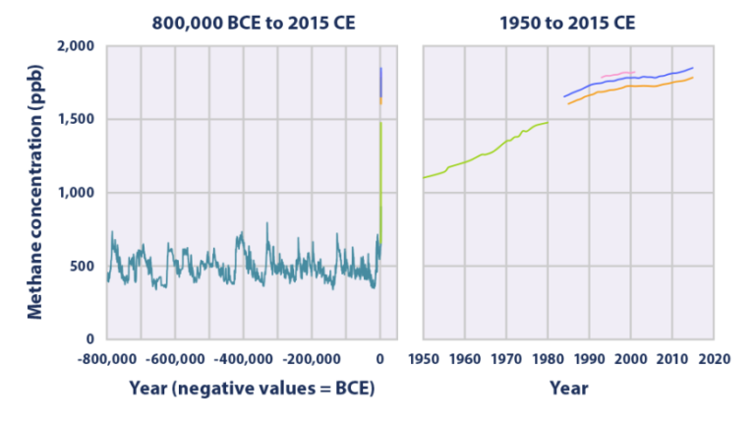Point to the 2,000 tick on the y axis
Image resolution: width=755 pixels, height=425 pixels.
pyautogui.click(x=75, y=46)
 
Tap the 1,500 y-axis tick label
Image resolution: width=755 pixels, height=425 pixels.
pyautogui.click(x=75, y=119)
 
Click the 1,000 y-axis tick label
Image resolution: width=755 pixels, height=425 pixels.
pyautogui.click(x=75, y=193)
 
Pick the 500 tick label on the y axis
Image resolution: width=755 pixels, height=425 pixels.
pyautogui.click(x=82, y=266)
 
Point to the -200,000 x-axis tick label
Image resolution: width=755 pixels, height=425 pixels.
pyautogui.click(x=312, y=358)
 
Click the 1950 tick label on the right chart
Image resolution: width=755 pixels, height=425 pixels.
pyautogui.click(x=424, y=358)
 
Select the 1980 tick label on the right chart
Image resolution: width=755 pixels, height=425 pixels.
pyautogui.click(x=548, y=358)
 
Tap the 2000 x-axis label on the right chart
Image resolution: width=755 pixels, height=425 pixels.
pyautogui.click(x=630, y=358)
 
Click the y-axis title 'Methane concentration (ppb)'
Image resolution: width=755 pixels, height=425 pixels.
pyautogui.click(x=34, y=192)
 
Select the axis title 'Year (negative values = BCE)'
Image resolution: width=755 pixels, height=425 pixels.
pyautogui.click(x=251, y=389)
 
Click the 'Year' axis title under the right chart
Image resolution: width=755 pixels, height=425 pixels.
pyautogui.click(x=568, y=389)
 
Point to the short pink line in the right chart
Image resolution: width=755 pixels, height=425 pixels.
pyautogui.click(x=617, y=74)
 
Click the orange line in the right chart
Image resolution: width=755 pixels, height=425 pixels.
pyautogui.click(x=649, y=87)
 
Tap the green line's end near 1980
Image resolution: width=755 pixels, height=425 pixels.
pyautogui.click(x=546, y=123)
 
